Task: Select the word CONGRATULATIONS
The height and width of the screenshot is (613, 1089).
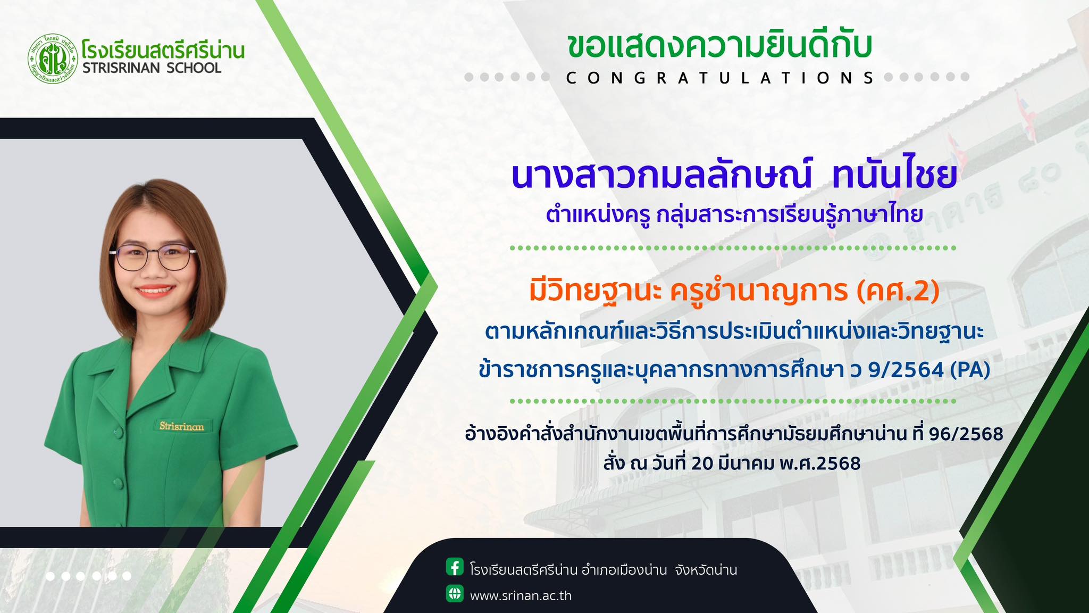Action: click(721, 78)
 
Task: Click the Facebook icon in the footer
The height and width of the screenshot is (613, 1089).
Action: click(455, 567)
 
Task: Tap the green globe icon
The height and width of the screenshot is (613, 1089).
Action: click(455, 593)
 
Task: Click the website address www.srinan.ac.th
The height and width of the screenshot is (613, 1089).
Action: click(521, 595)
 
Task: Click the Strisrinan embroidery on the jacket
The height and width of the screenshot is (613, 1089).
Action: click(181, 426)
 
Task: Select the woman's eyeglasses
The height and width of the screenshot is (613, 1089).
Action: click(153, 255)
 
